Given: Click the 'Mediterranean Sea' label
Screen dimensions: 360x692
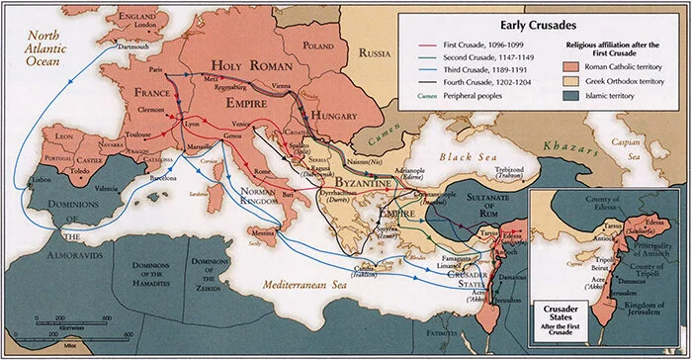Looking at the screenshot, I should click(309, 283).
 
